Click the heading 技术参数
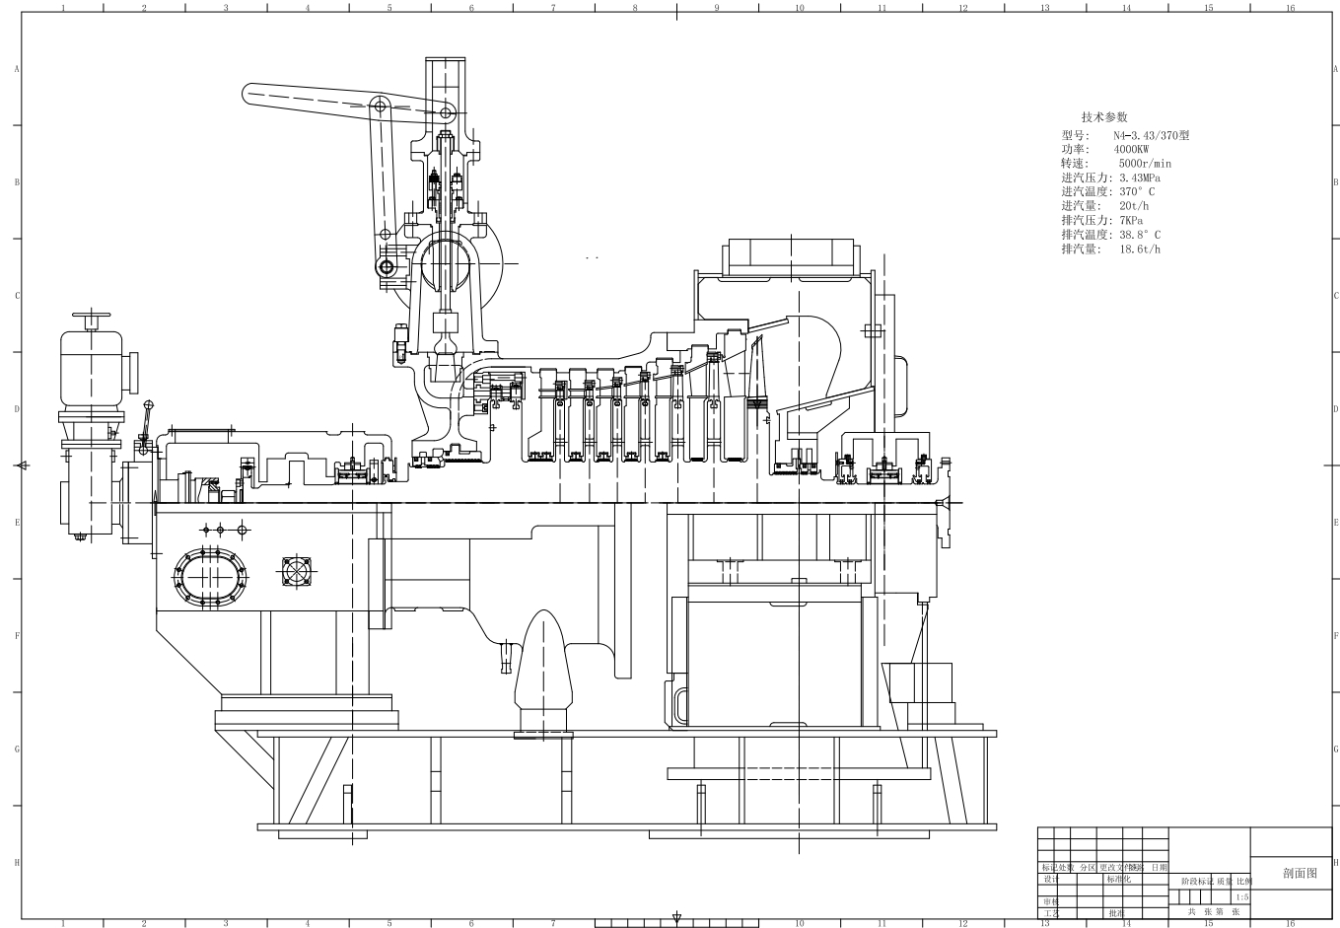pyautogui.click(x=1103, y=116)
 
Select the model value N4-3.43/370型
pyautogui.click(x=1152, y=135)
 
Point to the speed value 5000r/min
pyautogui.click(x=1145, y=164)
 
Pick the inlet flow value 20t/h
pyautogui.click(x=1133, y=206)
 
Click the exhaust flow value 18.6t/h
pyautogui.click(x=1140, y=250)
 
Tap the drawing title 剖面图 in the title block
pyautogui.click(x=1299, y=874)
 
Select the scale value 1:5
pyautogui.click(x=1240, y=897)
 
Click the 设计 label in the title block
pyautogui.click(x=1050, y=879)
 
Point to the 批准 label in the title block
pyautogui.click(x=1116, y=913)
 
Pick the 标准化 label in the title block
pyautogui.click(x=1118, y=879)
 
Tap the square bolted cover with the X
pyautogui.click(x=297, y=572)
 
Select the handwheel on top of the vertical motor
pyautogui.click(x=91, y=320)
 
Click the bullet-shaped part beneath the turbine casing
pyautogui.click(x=543, y=671)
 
